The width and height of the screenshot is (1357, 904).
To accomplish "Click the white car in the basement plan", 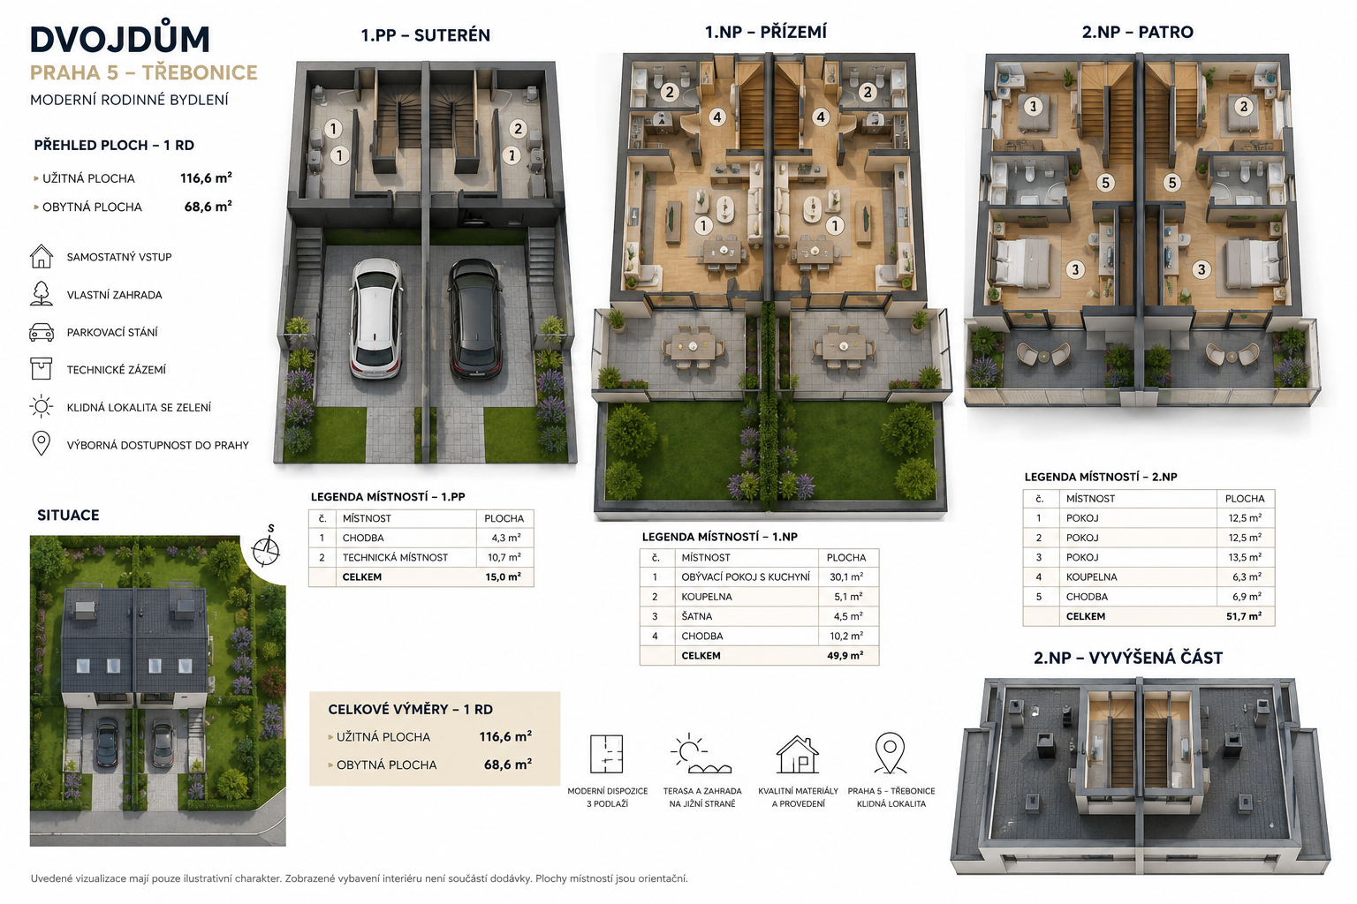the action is click(375, 319).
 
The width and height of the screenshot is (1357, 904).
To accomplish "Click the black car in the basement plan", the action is click(475, 319).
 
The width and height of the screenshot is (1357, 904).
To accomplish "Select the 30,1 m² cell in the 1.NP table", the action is click(846, 577).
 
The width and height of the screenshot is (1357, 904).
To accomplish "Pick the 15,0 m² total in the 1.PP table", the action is click(503, 577).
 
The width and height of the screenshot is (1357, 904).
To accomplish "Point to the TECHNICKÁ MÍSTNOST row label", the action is click(395, 558).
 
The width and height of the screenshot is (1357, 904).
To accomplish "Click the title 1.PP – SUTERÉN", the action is click(425, 35).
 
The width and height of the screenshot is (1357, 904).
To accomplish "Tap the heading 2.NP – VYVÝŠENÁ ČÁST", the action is click(1128, 658).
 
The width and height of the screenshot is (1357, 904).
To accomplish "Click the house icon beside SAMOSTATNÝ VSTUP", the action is click(42, 256).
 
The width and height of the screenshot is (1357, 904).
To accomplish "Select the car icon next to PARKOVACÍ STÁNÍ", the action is click(42, 332).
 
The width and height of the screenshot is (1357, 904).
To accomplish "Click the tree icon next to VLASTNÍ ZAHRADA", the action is click(41, 294).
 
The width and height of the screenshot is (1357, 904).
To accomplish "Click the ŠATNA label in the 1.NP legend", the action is click(697, 616).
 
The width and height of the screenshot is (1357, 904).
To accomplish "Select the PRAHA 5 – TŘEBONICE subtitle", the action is click(144, 72).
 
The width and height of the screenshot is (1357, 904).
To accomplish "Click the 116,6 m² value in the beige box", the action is click(505, 737).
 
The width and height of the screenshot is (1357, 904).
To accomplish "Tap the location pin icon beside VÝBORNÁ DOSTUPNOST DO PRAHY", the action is click(41, 443).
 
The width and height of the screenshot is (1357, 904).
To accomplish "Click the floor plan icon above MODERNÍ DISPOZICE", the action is click(606, 754).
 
